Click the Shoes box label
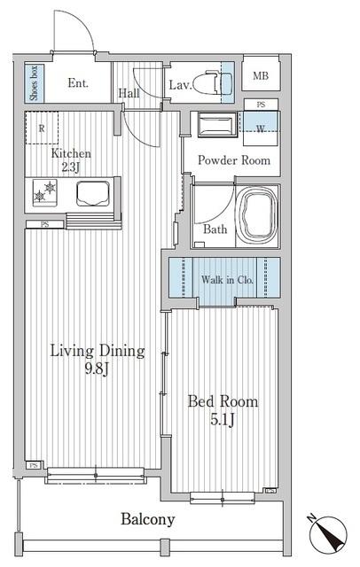(33, 83)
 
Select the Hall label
(129, 92)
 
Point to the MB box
(260, 76)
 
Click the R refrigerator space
(42, 128)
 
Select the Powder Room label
(233, 160)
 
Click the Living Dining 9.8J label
(97, 360)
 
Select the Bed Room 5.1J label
(223, 410)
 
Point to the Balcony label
(148, 520)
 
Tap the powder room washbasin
(214, 123)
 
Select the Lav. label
(180, 85)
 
